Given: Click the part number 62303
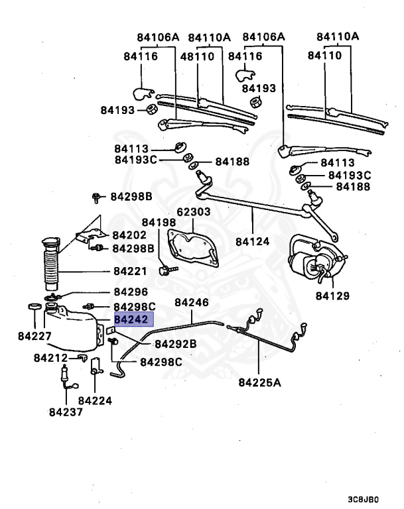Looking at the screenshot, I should coord(192,213).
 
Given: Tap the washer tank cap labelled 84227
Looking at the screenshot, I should coord(31,307).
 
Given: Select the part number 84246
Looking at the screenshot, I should coord(192,303).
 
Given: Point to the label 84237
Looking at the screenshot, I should coord(66,411).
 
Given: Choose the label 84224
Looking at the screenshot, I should coord(95,400).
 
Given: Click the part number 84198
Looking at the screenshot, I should coord(159,223).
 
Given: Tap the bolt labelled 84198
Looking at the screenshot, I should coord(166,270).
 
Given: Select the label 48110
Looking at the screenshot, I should coord(197,56).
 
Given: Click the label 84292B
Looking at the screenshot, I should coord(175,344).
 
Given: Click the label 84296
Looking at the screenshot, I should coord(131,292).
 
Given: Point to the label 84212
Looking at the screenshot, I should coord(51,358).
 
